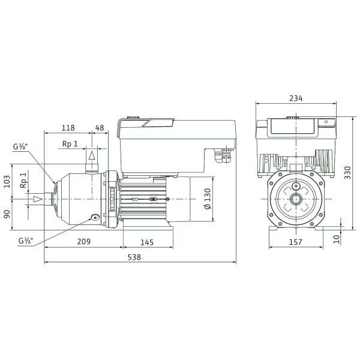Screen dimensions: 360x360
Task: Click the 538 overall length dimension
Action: pos(134,257)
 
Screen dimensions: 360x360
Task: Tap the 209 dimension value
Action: pos(84,242)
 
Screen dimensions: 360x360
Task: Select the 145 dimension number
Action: pos(147,242)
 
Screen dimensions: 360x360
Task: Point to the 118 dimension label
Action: pos(68,128)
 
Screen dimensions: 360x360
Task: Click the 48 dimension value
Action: pos(100,128)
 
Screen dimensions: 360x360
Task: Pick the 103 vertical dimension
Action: pos(7,181)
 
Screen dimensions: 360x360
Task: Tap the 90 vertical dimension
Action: pos(7,214)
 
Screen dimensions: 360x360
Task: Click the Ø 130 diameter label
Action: pos(208,199)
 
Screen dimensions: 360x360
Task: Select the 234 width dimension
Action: pos(296,98)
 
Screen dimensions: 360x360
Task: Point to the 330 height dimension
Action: pos(347,173)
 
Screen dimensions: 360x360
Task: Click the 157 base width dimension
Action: pos(295,242)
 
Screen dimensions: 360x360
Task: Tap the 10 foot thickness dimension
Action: pos(337,239)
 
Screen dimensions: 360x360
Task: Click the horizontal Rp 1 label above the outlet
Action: pos(70,144)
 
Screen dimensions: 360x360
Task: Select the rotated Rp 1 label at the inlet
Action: pos(23,180)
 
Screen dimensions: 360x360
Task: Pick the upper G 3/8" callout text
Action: pos(20,146)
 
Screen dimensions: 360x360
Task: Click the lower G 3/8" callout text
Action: pos(26,241)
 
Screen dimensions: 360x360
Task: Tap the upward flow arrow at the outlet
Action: pos(92,155)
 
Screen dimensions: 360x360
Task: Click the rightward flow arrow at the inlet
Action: pos(38,199)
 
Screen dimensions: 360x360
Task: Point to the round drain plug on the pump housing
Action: pos(95,217)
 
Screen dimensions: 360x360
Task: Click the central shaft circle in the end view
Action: pos(296,199)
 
